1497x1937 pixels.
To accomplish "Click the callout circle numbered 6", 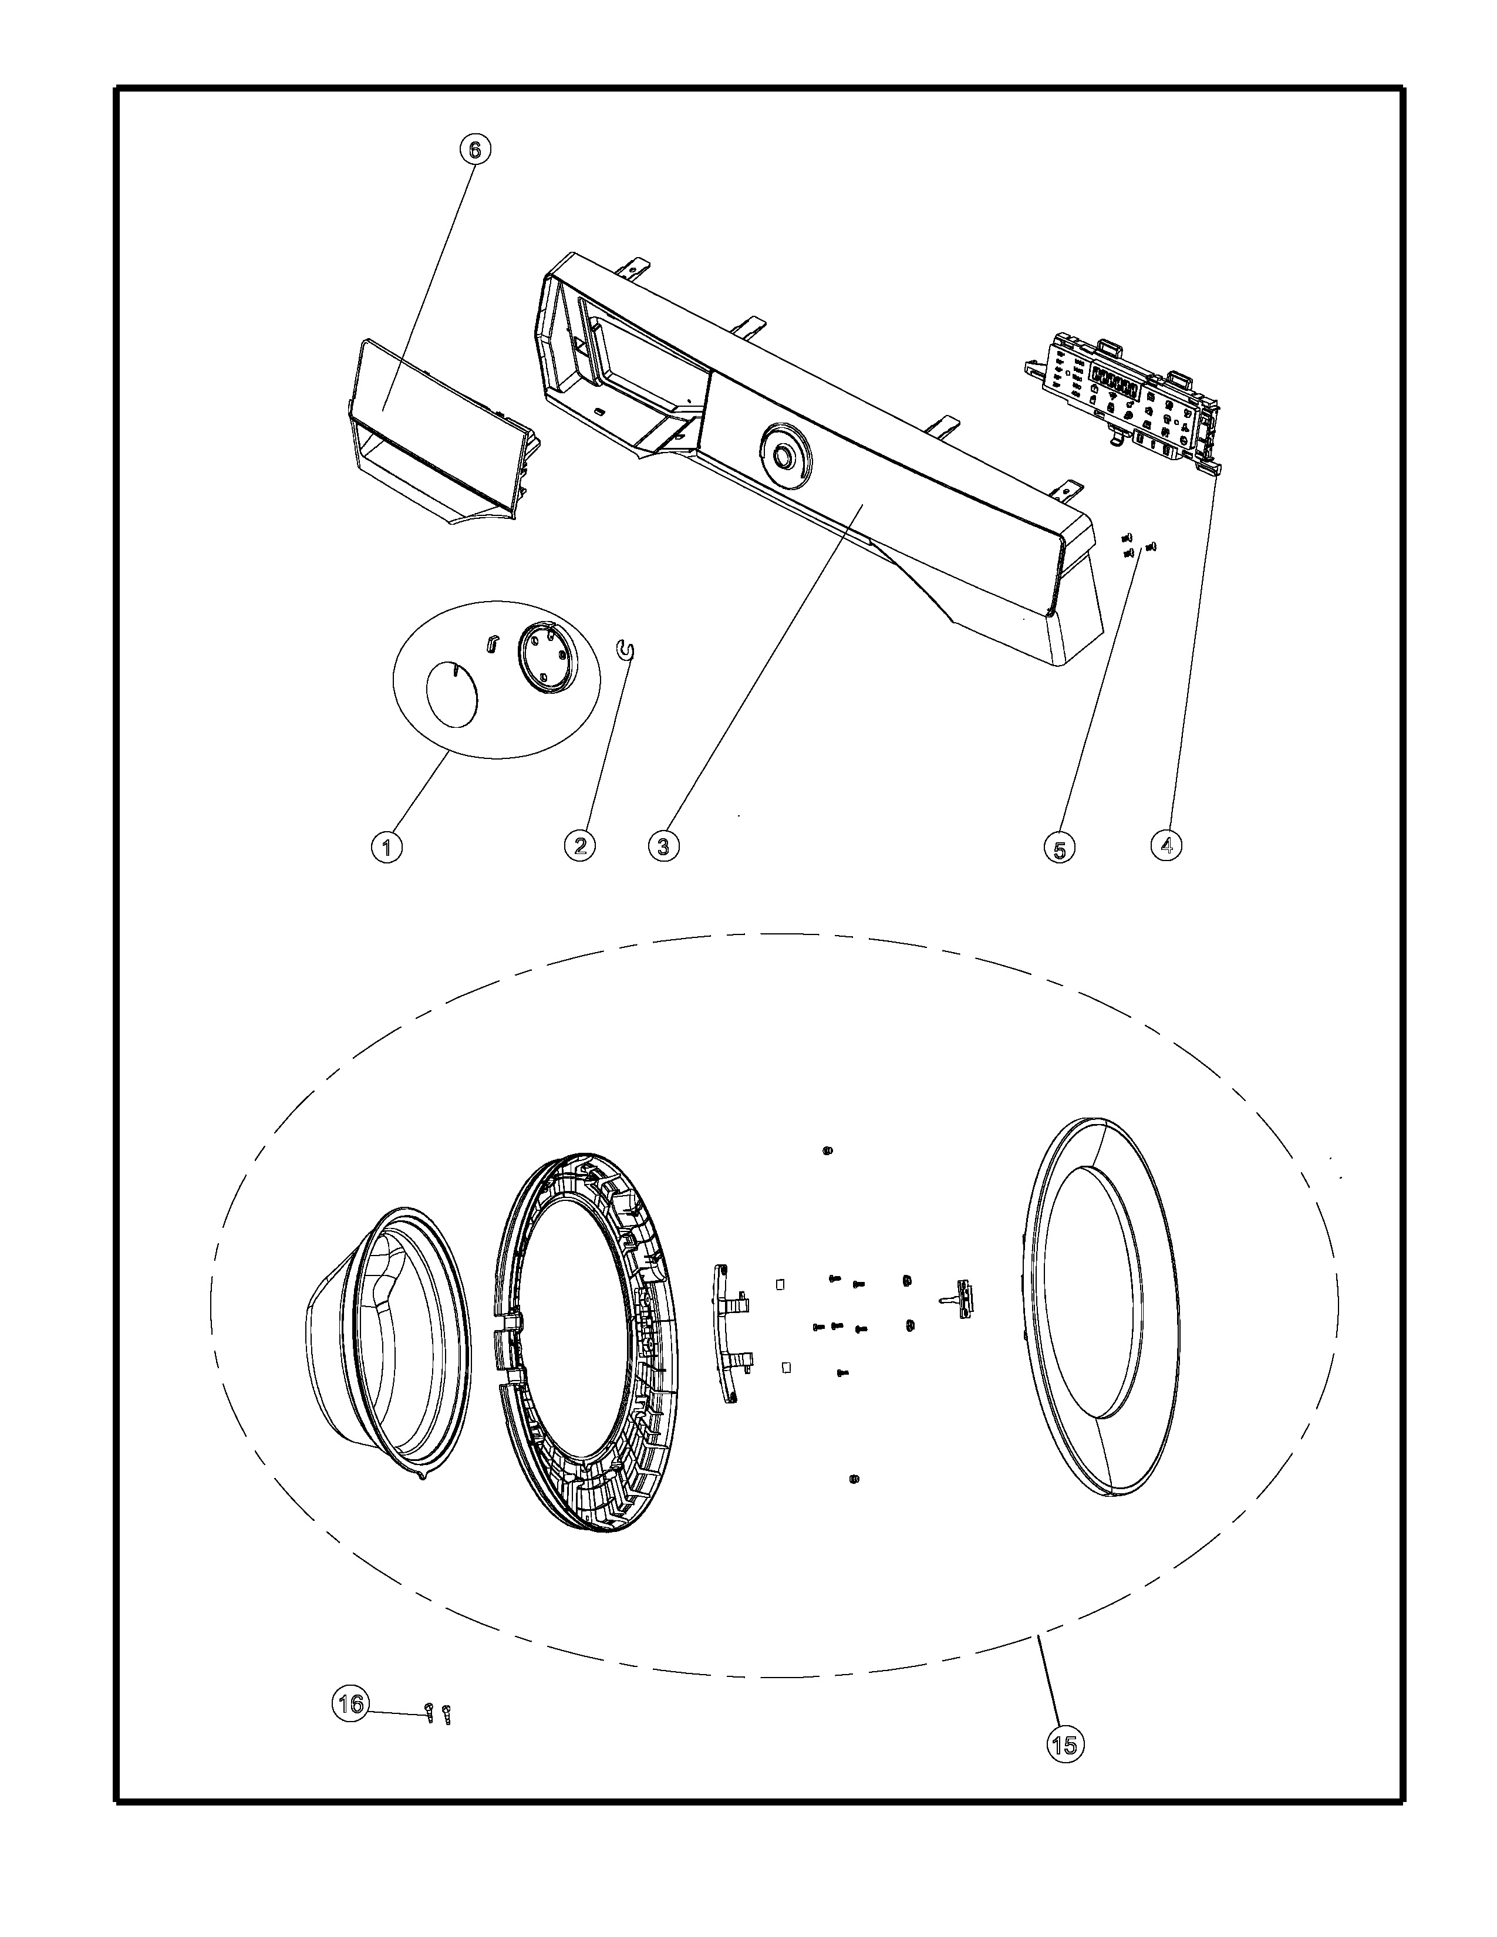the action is pos(474,150).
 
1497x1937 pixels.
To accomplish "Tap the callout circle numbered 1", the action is pos(386,847).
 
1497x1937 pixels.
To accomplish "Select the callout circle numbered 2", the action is pos(580,845).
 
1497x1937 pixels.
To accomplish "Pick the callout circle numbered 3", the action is pos(663,846).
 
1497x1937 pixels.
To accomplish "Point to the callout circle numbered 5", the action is pos(1060,849).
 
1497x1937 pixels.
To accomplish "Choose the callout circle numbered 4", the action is pos(1166,845).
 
